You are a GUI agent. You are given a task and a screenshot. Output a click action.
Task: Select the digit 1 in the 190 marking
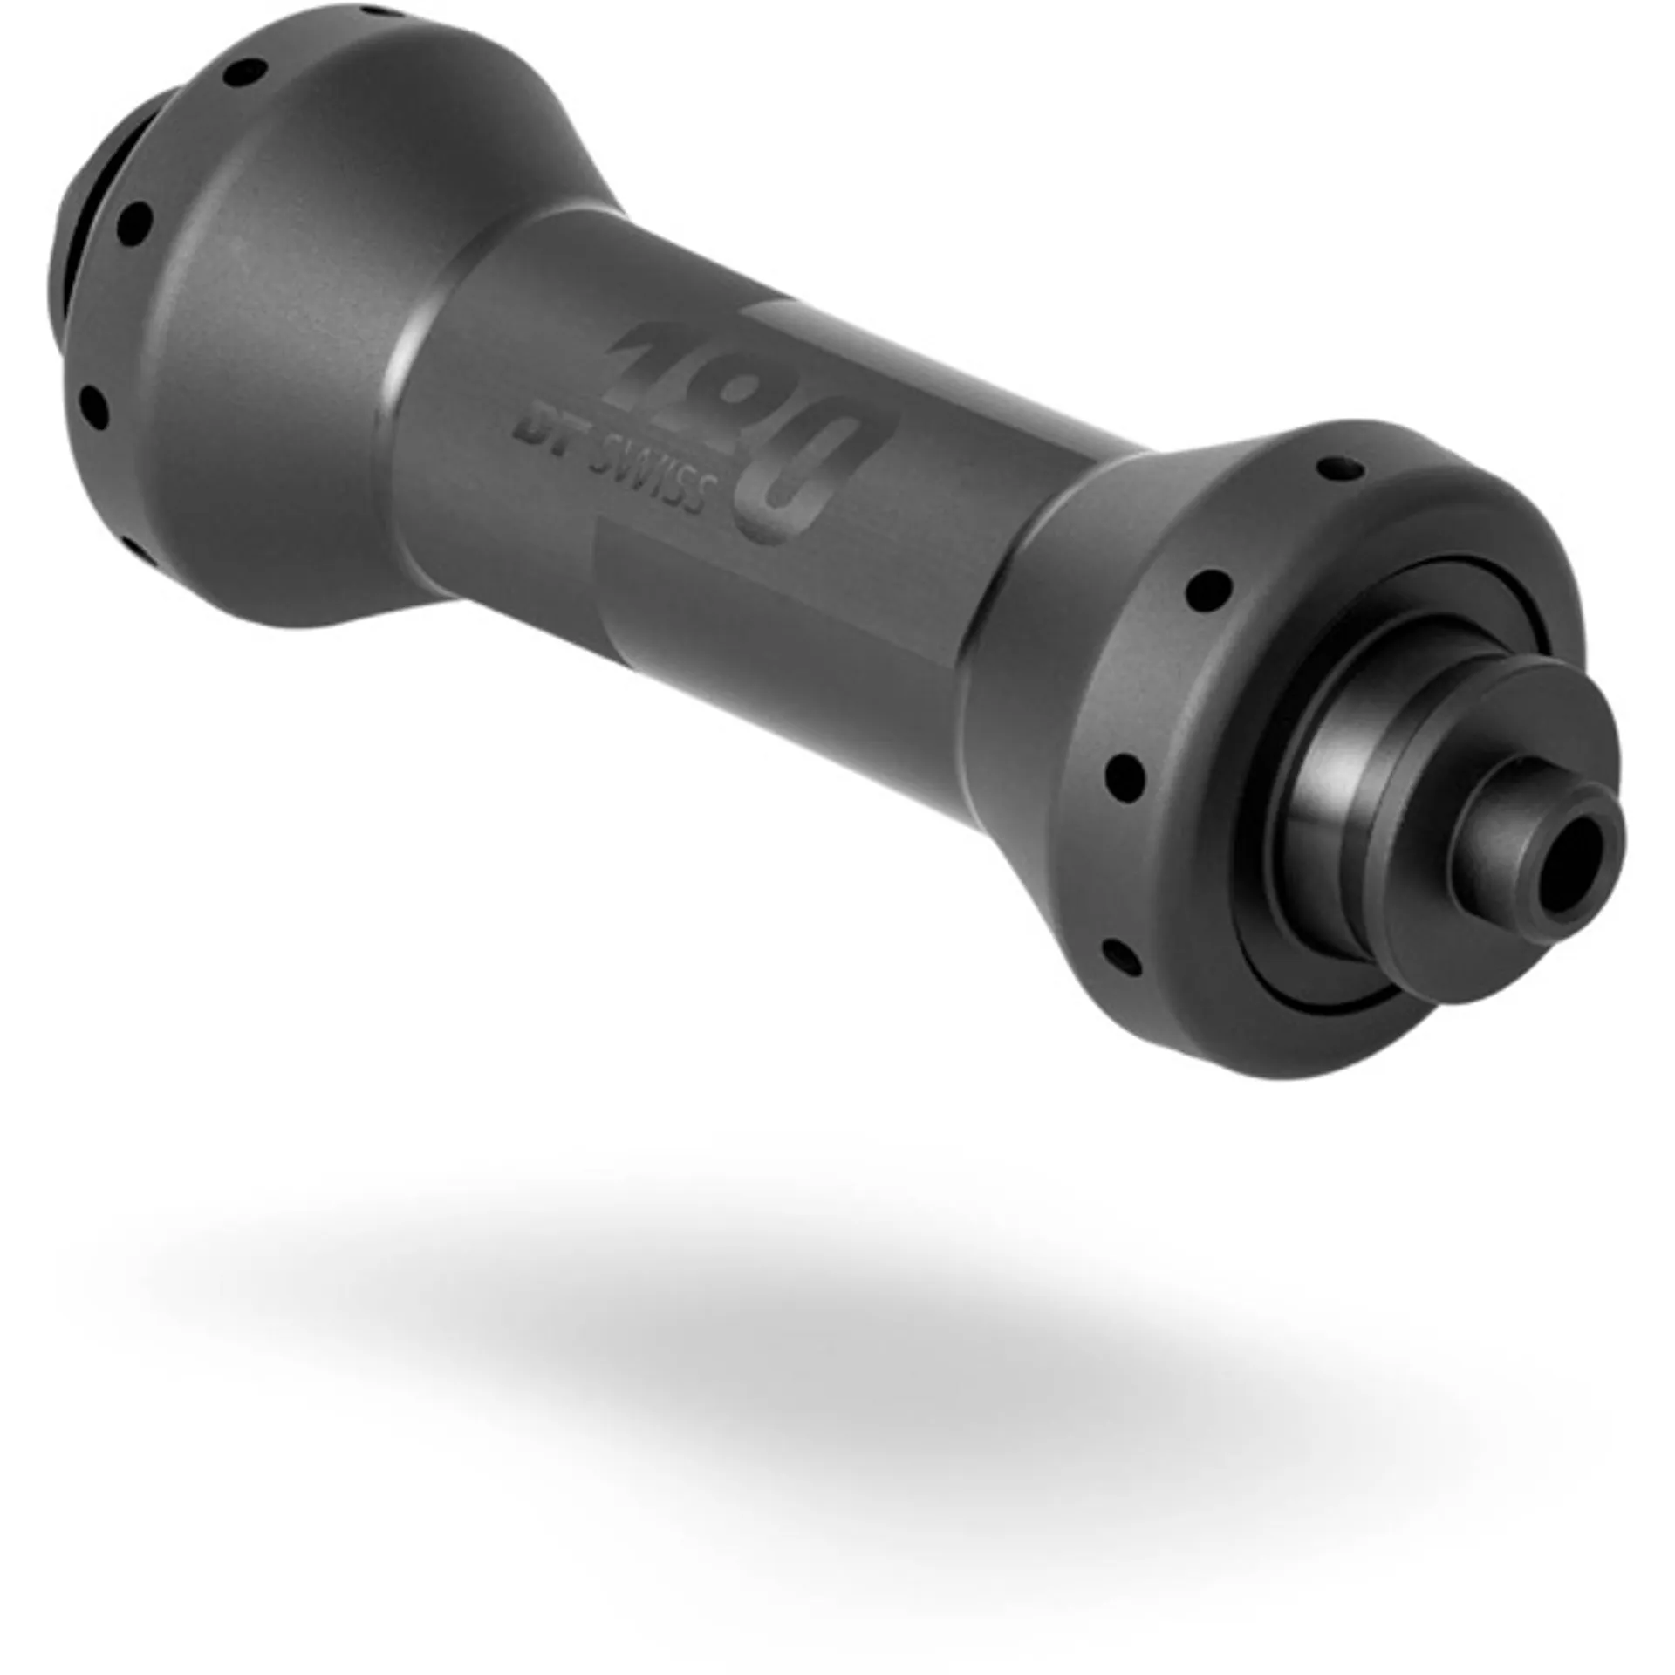tap(650, 358)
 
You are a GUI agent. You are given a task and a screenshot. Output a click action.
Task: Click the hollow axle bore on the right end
tap(1567, 867)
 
